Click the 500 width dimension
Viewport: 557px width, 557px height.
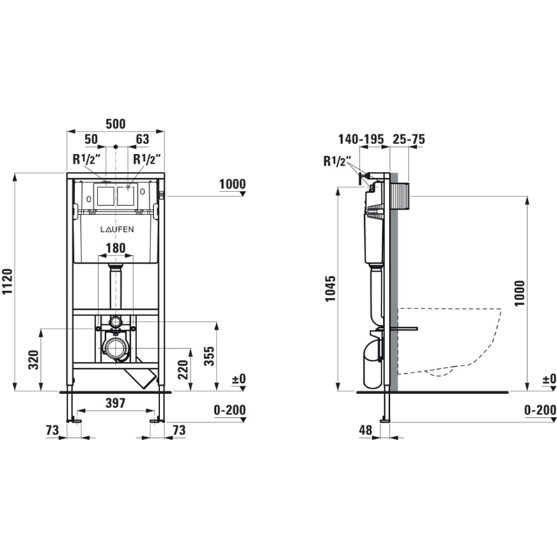116,124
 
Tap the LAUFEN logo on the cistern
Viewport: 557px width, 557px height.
117,230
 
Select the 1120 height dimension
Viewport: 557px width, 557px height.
8,282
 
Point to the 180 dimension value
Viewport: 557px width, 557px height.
116,248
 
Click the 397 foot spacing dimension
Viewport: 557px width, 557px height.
116,403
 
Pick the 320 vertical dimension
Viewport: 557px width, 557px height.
33,360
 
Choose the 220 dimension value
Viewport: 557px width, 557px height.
183,370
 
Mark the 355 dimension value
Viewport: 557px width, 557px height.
209,356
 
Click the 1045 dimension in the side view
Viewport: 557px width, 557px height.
330,288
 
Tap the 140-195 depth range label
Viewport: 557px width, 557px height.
361,139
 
